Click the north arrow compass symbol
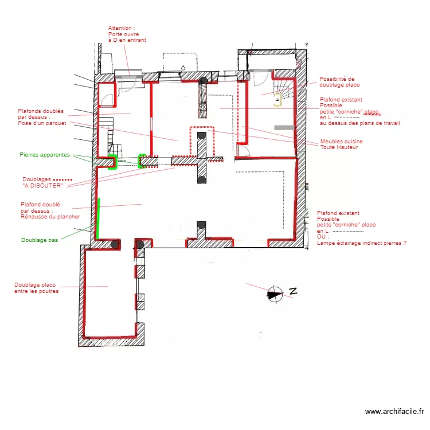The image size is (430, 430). pyautogui.click(x=275, y=294)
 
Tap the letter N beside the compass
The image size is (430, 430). pyautogui.click(x=291, y=291)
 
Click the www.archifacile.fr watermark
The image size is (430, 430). pyautogui.click(x=394, y=411)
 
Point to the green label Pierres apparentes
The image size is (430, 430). pyautogui.click(x=45, y=155)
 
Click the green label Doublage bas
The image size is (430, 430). pyautogui.click(x=40, y=240)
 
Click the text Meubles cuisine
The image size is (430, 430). pyautogui.click(x=341, y=142)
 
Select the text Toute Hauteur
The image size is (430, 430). pyautogui.click(x=339, y=147)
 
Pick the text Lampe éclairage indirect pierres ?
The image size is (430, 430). pyautogui.click(x=361, y=243)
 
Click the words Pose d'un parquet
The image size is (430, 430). pyautogui.click(x=42, y=123)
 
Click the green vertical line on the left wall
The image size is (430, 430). pyautogui.click(x=99, y=218)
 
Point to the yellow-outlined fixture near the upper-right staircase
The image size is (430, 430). pyautogui.click(x=277, y=100)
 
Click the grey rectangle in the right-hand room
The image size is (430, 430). pyautogui.click(x=284, y=127)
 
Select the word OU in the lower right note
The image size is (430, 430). pyautogui.click(x=322, y=237)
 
